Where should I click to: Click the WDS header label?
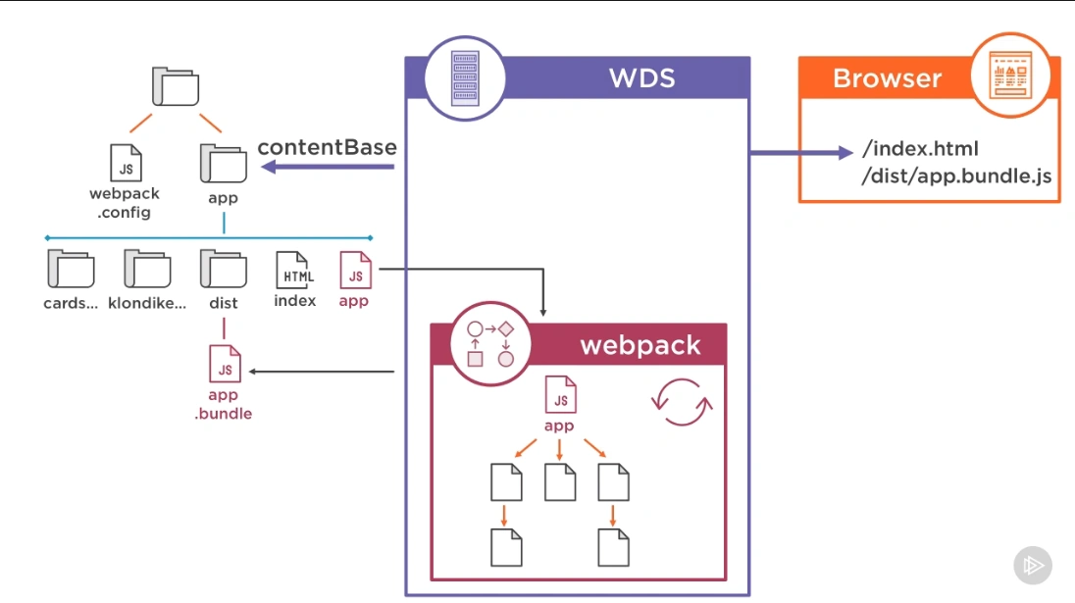642,77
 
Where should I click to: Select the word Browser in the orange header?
887,78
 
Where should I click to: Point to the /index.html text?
920,150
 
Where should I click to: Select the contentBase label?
327,148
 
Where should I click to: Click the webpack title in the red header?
640,345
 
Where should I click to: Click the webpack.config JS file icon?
126,163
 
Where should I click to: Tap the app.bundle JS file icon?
225,364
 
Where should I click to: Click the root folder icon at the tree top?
176,87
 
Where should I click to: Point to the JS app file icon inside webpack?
560,395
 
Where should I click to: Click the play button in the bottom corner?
1032,565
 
